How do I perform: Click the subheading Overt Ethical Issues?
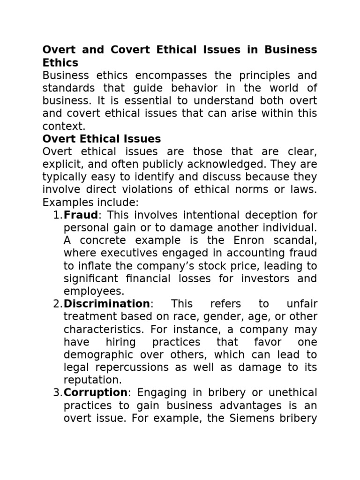coord(102,139)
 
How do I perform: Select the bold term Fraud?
coord(80,215)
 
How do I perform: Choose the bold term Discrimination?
coord(107,304)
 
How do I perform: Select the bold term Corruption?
coord(96,392)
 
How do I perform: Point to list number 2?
coord(57,304)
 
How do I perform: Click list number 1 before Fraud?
coord(57,215)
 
